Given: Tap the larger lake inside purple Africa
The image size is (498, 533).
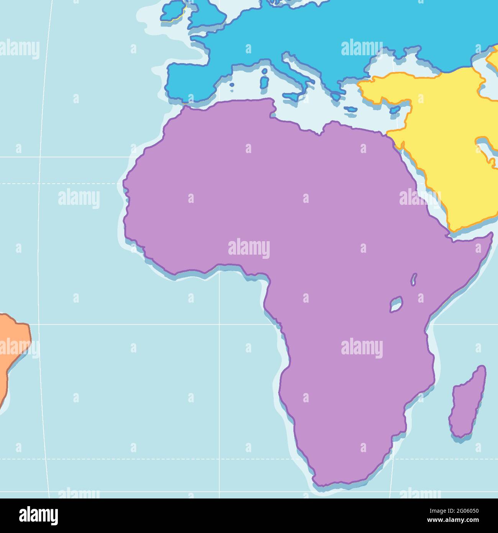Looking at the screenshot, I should pos(396,304).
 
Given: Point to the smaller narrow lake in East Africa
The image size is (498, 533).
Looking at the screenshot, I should pos(414,279).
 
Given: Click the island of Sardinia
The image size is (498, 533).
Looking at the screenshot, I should pos(264,83).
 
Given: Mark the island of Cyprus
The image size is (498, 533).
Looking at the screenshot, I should pos(395,110).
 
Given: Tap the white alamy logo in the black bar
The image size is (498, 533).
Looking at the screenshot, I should pos(38,516).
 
